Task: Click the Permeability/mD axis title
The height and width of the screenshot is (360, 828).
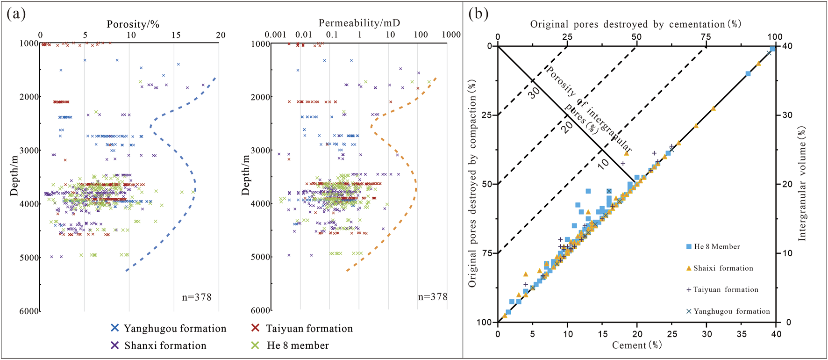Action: coord(359,23)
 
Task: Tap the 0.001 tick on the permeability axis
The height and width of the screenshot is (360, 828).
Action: coord(275,35)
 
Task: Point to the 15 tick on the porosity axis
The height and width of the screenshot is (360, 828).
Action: coord(176,35)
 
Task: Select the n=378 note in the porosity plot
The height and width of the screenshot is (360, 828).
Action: coord(197,297)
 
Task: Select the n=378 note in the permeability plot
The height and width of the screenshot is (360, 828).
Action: coord(432,297)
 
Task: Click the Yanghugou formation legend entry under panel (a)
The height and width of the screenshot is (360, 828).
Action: coord(168,329)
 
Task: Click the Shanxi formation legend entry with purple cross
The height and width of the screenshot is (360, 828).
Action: coord(158,346)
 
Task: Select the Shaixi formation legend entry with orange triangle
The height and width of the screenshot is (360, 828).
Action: coord(720,268)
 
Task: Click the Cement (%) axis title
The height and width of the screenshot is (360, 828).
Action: coord(637,346)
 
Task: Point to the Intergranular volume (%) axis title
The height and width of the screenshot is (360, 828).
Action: coord(802,184)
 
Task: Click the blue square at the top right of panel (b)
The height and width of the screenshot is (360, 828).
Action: coord(773,49)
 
